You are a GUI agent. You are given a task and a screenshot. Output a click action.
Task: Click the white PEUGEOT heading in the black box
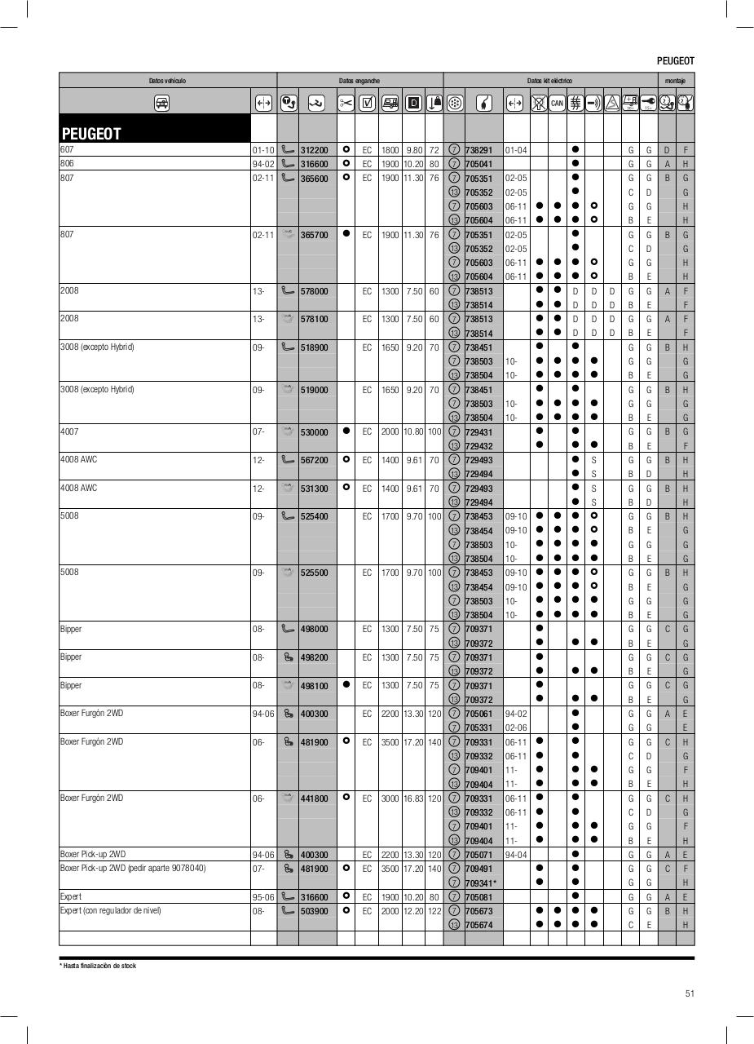90,134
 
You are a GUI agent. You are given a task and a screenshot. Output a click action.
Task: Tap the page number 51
690,993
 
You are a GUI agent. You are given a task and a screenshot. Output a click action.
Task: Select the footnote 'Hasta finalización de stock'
99,966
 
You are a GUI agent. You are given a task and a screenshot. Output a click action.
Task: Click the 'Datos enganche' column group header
359,81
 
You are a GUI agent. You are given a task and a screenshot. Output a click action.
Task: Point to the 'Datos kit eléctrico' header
549,81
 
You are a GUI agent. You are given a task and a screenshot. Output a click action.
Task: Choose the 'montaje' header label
675,81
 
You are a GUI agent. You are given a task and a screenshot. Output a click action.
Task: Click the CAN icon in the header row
557,103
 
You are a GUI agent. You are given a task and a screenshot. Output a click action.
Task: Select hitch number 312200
314,150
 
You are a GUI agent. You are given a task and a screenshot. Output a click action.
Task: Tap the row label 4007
69,431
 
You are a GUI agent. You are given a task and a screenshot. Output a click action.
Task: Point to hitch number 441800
314,798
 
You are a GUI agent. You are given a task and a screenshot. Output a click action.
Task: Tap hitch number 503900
314,911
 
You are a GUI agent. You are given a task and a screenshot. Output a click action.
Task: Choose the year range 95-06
262,897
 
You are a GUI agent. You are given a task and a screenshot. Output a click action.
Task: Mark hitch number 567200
314,460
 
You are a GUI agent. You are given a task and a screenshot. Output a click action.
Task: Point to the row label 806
67,163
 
